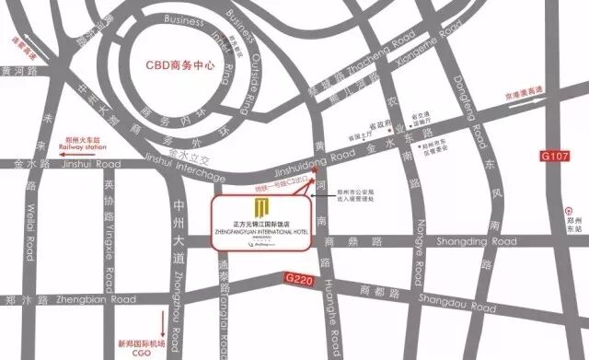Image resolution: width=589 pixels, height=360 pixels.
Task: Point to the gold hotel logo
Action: tap(262, 204)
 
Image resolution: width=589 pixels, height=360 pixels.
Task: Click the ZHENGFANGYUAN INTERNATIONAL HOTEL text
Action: tap(262, 228)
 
